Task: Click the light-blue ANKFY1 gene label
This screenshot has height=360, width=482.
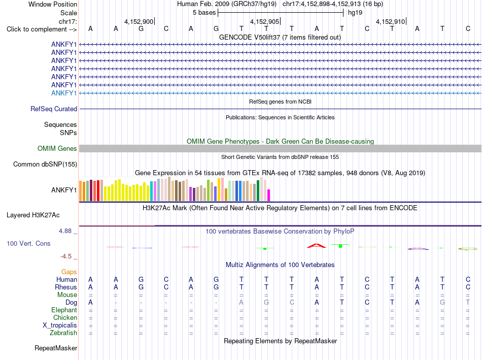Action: click(x=64, y=93)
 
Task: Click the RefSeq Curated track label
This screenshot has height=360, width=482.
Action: click(x=54, y=109)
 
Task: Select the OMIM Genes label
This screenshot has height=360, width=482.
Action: click(x=57, y=148)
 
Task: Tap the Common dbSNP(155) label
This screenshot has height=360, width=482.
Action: click(x=45, y=165)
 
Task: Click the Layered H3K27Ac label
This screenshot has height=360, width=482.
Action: click(x=33, y=215)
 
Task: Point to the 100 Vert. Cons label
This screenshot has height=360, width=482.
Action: click(x=28, y=243)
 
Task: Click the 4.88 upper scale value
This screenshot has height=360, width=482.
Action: click(x=65, y=231)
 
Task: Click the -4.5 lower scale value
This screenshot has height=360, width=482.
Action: click(x=66, y=256)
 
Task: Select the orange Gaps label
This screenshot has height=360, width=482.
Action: click(x=69, y=272)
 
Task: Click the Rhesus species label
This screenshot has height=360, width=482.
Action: click(x=66, y=287)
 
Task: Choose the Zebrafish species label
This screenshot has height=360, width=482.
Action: click(x=63, y=333)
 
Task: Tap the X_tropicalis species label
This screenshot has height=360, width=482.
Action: click(x=60, y=325)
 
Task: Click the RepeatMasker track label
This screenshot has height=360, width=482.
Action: click(x=56, y=348)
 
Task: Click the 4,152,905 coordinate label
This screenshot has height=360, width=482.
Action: click(x=265, y=21)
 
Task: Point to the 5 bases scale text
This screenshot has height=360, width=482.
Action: click(x=204, y=13)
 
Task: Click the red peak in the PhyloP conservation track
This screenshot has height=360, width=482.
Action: click(x=317, y=246)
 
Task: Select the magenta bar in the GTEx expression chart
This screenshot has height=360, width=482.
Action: click(x=269, y=195)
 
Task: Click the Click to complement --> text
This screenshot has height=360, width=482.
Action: click(x=42, y=29)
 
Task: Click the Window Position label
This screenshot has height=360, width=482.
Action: click(x=53, y=4)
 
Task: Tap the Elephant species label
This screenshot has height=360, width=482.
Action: click(x=64, y=310)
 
